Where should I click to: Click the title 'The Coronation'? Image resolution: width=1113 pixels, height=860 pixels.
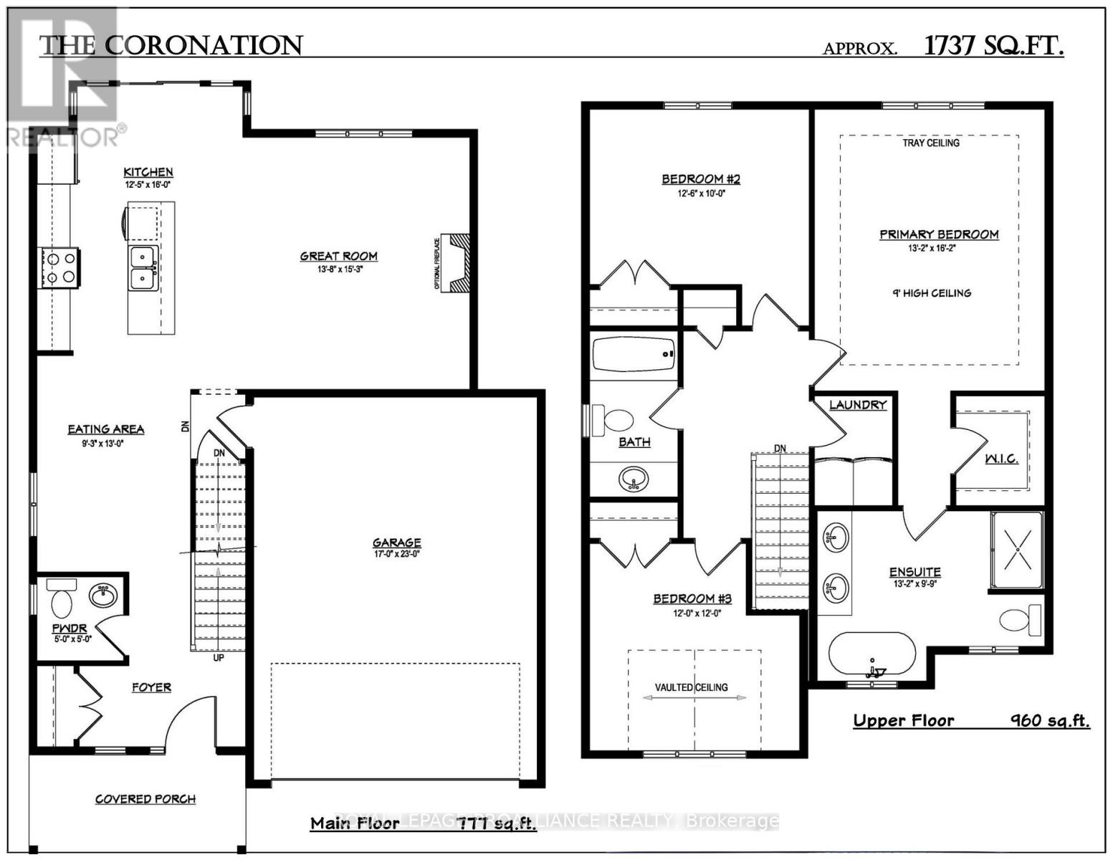click(x=171, y=47)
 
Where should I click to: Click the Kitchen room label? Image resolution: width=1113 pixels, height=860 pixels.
click(x=148, y=172)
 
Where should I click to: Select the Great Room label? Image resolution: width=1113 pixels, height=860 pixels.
click(x=338, y=256)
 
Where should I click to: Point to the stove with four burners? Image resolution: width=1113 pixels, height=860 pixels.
click(x=60, y=267)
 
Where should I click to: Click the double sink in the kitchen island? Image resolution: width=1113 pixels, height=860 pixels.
click(x=144, y=267)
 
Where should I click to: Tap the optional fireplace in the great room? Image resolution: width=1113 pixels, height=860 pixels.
click(x=454, y=262)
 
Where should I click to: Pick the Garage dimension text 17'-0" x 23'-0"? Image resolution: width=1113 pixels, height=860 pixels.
click(x=396, y=553)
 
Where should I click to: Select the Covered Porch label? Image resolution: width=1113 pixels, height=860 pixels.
click(x=145, y=799)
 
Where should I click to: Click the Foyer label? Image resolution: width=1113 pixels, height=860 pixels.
click(x=151, y=687)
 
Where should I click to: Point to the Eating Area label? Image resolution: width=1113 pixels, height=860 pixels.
click(x=106, y=429)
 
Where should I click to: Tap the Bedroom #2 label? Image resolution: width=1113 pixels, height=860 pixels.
click(x=700, y=179)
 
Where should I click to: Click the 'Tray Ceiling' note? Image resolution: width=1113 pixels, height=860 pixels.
click(x=931, y=143)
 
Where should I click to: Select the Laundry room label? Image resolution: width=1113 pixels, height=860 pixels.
click(x=858, y=405)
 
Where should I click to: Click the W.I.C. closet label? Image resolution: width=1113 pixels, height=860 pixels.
click(x=1001, y=459)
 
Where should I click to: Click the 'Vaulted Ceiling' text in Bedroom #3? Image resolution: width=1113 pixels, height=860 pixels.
click(x=691, y=687)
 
